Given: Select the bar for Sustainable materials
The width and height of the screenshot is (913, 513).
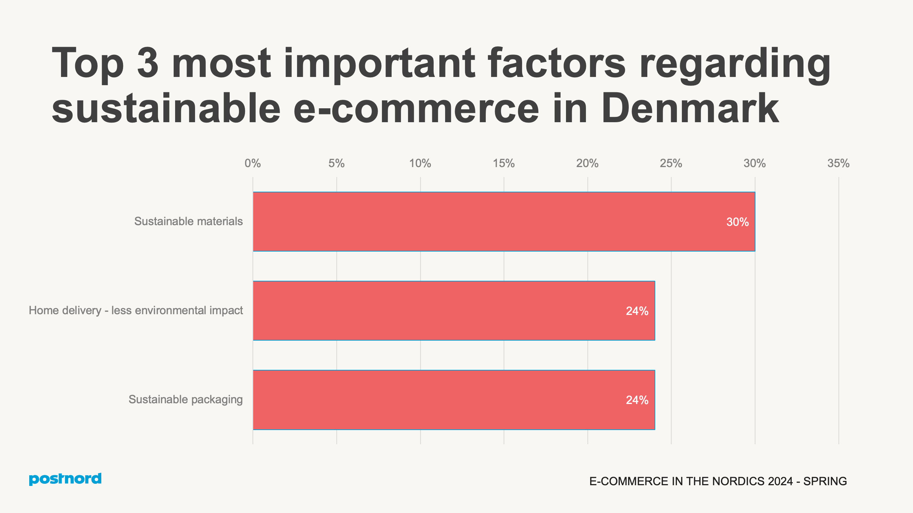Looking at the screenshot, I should pyautogui.click(x=504, y=222).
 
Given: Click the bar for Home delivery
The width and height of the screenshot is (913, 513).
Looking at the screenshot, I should pyautogui.click(x=454, y=311).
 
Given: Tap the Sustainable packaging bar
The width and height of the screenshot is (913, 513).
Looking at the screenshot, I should pyautogui.click(x=454, y=400).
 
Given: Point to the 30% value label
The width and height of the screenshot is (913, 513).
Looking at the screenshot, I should pyautogui.click(x=737, y=222).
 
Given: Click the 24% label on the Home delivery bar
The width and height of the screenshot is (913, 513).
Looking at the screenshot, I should pyautogui.click(x=637, y=311).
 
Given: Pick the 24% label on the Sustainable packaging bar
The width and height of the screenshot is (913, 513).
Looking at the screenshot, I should pyautogui.click(x=637, y=400).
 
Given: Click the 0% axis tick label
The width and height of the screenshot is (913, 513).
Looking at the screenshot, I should pyautogui.click(x=253, y=164).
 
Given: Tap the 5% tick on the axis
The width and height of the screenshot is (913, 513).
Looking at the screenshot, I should pyautogui.click(x=336, y=164).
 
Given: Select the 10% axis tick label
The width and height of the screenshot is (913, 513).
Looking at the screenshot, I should pyautogui.click(x=420, y=164).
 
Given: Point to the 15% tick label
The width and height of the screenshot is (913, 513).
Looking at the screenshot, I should pyautogui.click(x=504, y=164).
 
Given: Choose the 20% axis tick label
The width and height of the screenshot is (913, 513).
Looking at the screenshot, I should pyautogui.click(x=587, y=164).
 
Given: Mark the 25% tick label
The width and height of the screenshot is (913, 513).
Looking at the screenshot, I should pyautogui.click(x=671, y=164).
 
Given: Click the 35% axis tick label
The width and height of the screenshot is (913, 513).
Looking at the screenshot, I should pyautogui.click(x=838, y=164).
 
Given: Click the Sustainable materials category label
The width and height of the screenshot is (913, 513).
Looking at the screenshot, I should pyautogui.click(x=188, y=221).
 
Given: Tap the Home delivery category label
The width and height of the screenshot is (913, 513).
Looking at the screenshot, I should pyautogui.click(x=136, y=310).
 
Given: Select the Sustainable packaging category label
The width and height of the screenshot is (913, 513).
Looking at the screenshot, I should pyautogui.click(x=185, y=399).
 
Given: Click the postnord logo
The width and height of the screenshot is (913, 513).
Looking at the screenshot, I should pyautogui.click(x=65, y=479).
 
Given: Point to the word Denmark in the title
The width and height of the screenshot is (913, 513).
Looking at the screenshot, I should pyautogui.click(x=690, y=108).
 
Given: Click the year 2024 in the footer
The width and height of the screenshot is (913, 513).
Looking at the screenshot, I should pyautogui.click(x=780, y=481).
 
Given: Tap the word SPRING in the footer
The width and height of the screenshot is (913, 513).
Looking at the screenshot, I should pyautogui.click(x=825, y=481).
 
